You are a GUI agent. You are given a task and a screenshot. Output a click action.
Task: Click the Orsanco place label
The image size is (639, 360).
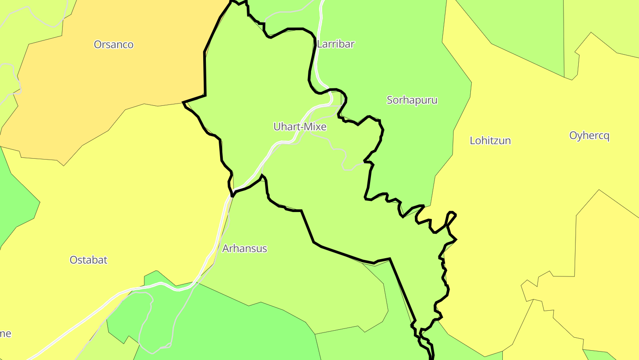click(114, 44)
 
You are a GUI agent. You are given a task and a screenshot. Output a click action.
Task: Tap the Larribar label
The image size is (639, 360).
click(336, 44)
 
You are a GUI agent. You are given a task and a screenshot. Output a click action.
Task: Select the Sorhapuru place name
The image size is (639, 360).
click(412, 100)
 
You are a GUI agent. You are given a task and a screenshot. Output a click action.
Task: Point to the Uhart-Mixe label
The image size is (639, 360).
click(300, 127)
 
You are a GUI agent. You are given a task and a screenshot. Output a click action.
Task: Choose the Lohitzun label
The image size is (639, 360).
click(490, 140)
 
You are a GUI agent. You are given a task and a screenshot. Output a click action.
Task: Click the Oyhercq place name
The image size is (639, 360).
click(589, 136)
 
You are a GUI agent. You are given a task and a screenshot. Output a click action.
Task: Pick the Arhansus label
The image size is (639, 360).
click(245, 248)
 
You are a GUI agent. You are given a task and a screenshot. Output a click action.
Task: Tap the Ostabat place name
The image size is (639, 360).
click(88, 260)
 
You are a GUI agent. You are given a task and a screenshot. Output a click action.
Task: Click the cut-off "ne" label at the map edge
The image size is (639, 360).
click(5, 333)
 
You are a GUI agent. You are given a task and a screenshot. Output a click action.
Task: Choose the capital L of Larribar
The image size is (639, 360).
click(319, 44)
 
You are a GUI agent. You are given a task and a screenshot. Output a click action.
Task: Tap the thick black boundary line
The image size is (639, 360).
click(205, 71)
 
